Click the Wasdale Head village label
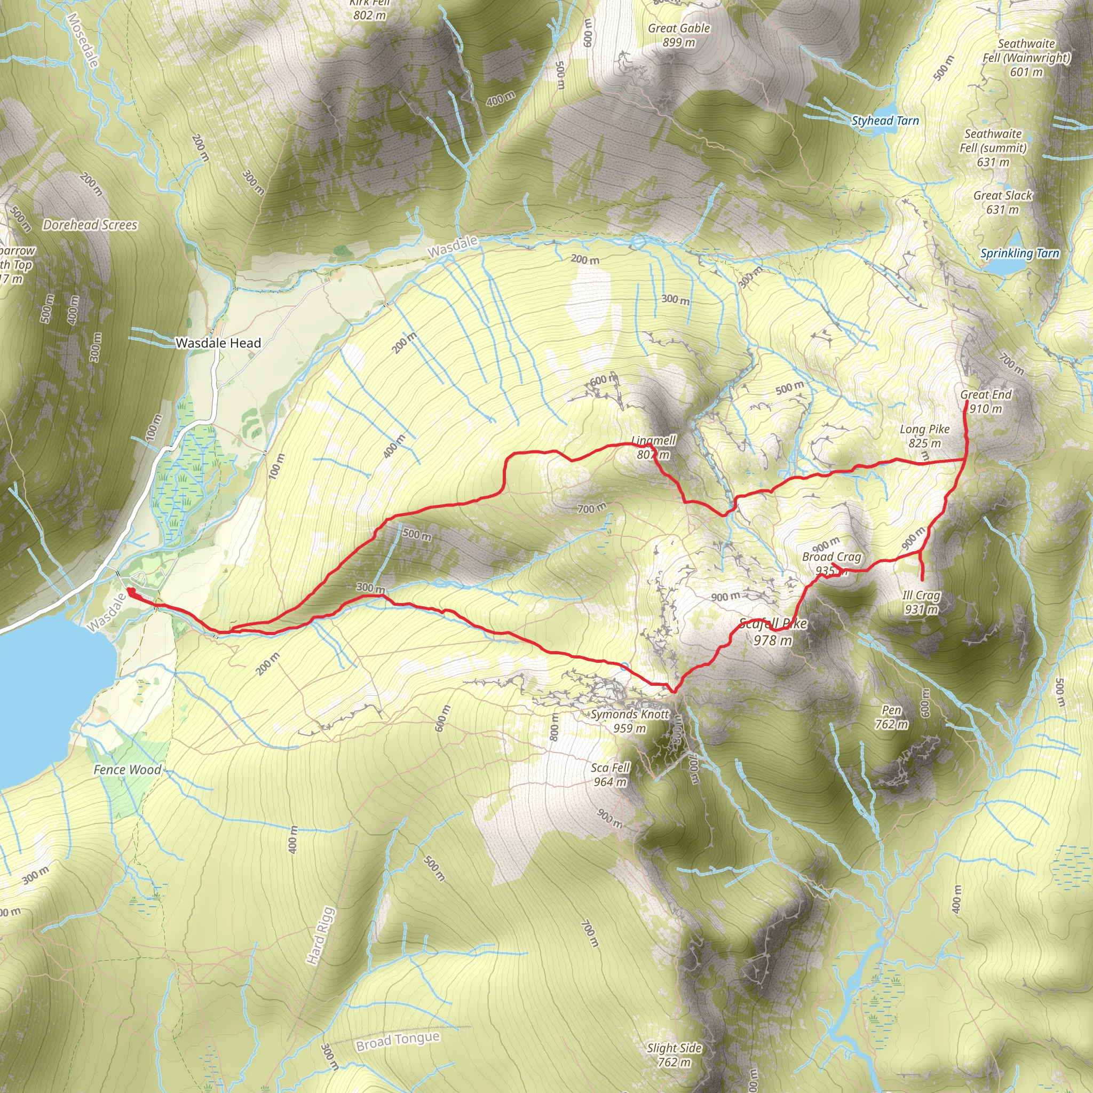[x=218, y=343]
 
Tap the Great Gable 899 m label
[x=678, y=35]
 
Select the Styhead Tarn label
[x=885, y=121]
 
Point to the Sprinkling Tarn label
[x=1019, y=254]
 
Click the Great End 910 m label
[x=986, y=402]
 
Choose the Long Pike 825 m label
[x=924, y=436]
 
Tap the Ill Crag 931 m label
[x=921, y=602]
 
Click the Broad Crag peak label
[x=831, y=564]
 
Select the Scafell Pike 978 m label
[x=773, y=632]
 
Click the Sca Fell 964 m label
[x=610, y=774]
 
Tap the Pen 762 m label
[x=891, y=717]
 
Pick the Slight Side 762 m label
[x=674, y=1055]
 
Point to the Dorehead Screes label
[x=90, y=225]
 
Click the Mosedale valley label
[x=83, y=39]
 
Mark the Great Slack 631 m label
[x=1002, y=202]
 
